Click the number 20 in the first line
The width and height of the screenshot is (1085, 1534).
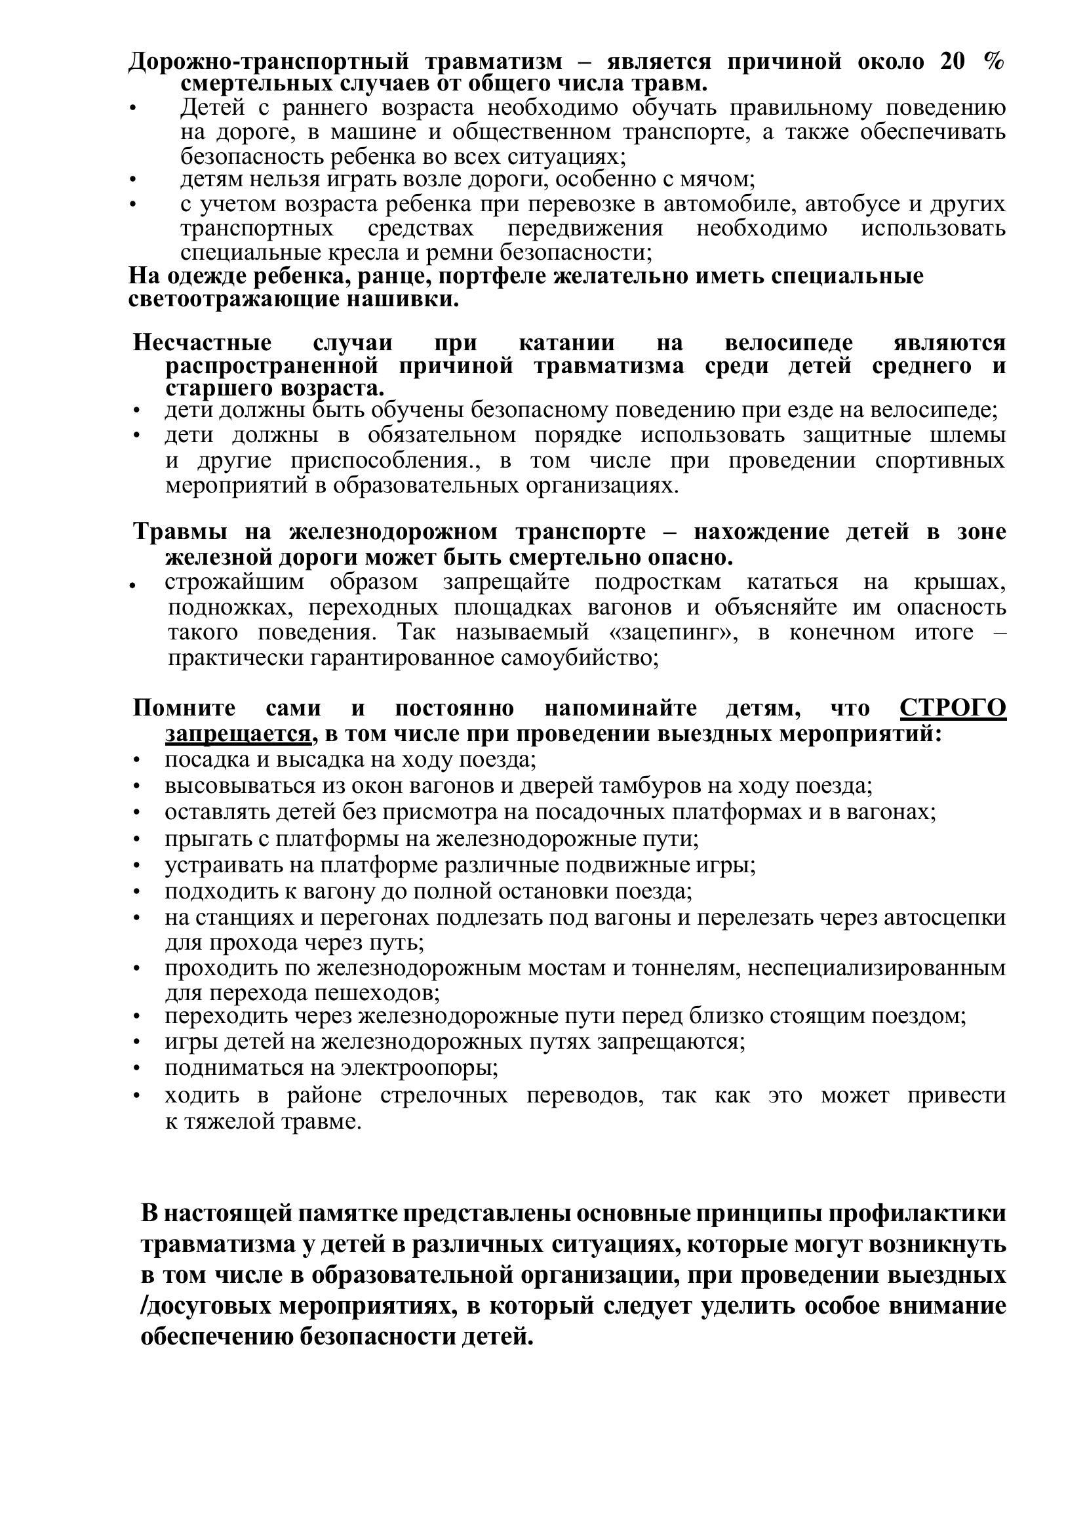point(952,62)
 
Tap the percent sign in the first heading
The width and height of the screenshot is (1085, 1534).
point(994,62)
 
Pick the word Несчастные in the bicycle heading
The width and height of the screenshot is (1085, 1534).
point(203,343)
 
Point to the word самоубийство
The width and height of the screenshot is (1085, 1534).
point(581,658)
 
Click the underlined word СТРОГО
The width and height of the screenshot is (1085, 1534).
point(953,708)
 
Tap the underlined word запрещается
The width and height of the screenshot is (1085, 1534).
point(238,734)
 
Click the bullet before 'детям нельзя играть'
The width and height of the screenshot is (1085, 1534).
point(135,180)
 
